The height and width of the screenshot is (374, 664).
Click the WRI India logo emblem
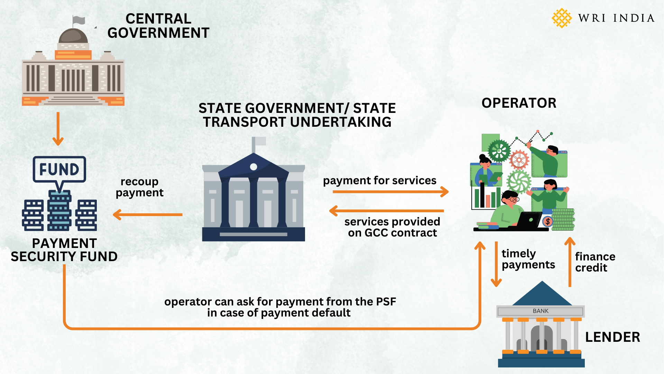(x=562, y=18)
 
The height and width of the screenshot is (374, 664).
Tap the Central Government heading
(x=158, y=26)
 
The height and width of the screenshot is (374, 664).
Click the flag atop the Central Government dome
(x=79, y=20)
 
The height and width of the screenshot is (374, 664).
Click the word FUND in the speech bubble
(x=59, y=169)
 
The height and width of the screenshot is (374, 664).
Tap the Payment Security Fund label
(x=64, y=250)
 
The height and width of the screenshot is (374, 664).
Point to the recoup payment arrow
(x=148, y=215)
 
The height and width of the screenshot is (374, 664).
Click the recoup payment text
(x=140, y=187)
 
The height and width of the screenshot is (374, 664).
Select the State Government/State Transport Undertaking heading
(x=297, y=115)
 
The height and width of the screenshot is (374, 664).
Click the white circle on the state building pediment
(x=253, y=167)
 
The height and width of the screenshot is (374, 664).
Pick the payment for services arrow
(x=390, y=192)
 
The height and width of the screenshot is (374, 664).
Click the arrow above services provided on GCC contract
(x=387, y=211)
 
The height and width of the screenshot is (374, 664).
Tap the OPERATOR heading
(x=519, y=103)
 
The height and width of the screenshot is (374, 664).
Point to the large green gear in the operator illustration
(x=499, y=151)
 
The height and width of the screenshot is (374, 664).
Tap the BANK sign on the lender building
(x=541, y=311)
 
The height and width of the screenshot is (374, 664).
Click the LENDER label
(x=612, y=337)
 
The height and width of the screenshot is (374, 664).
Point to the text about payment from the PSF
(x=280, y=307)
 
